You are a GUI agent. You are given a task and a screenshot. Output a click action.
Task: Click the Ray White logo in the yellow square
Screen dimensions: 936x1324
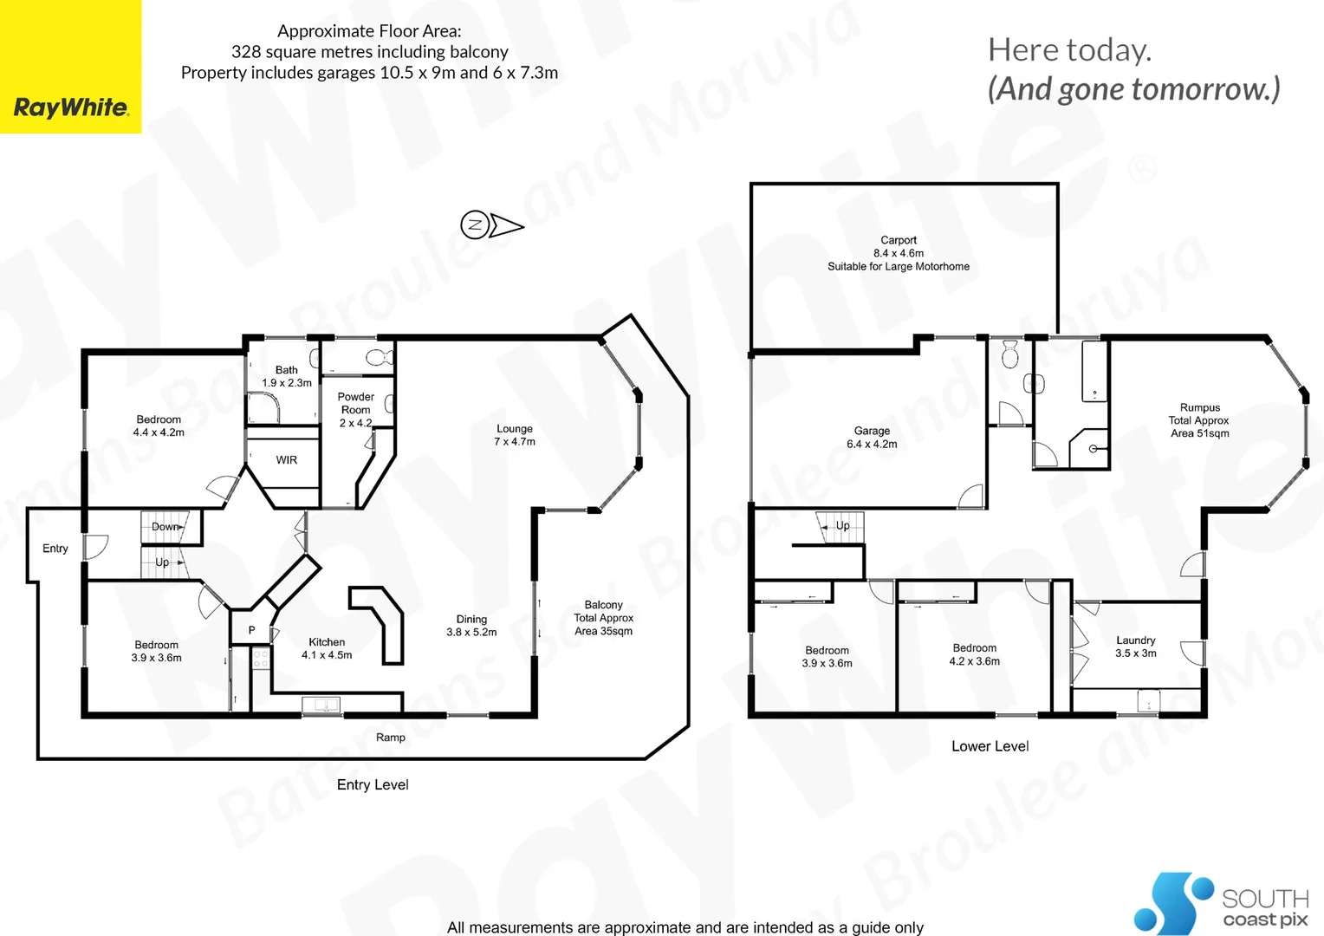[71, 107]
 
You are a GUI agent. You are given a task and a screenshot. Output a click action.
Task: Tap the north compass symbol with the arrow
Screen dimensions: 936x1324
[491, 225]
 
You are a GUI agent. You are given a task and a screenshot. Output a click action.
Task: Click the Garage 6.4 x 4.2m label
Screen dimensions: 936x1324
[872, 437]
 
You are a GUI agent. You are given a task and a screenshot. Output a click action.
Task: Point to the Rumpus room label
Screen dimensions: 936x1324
[1199, 420]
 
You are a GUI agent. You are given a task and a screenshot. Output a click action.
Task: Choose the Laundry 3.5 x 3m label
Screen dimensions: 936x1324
[1135, 647]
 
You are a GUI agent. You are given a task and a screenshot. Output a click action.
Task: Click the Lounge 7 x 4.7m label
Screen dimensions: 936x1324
[515, 435]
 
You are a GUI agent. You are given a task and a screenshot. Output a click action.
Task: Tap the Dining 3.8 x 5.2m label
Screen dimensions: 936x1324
[471, 626]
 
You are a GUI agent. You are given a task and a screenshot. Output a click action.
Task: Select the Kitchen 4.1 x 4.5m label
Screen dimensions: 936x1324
[327, 648]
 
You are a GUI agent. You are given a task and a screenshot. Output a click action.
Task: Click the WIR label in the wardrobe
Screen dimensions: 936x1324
[287, 460]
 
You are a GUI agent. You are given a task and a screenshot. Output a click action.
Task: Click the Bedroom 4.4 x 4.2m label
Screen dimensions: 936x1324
[159, 426]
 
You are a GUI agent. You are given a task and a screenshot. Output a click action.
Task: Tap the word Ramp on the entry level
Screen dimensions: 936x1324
[391, 738]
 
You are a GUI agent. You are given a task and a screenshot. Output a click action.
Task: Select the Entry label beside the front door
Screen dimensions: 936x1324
[55, 549]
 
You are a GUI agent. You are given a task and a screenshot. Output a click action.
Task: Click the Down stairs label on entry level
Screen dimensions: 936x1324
[165, 527]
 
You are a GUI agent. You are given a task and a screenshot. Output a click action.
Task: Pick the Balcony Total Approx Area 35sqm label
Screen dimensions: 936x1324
[603, 618]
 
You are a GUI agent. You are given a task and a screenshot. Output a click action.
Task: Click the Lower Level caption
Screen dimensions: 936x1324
[990, 746]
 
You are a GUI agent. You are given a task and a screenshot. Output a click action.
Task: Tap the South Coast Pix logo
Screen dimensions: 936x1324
[1221, 903]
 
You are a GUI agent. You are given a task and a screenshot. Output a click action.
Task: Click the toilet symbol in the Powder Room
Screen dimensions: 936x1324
[376, 357]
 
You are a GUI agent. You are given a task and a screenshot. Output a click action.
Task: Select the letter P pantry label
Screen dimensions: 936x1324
[252, 630]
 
